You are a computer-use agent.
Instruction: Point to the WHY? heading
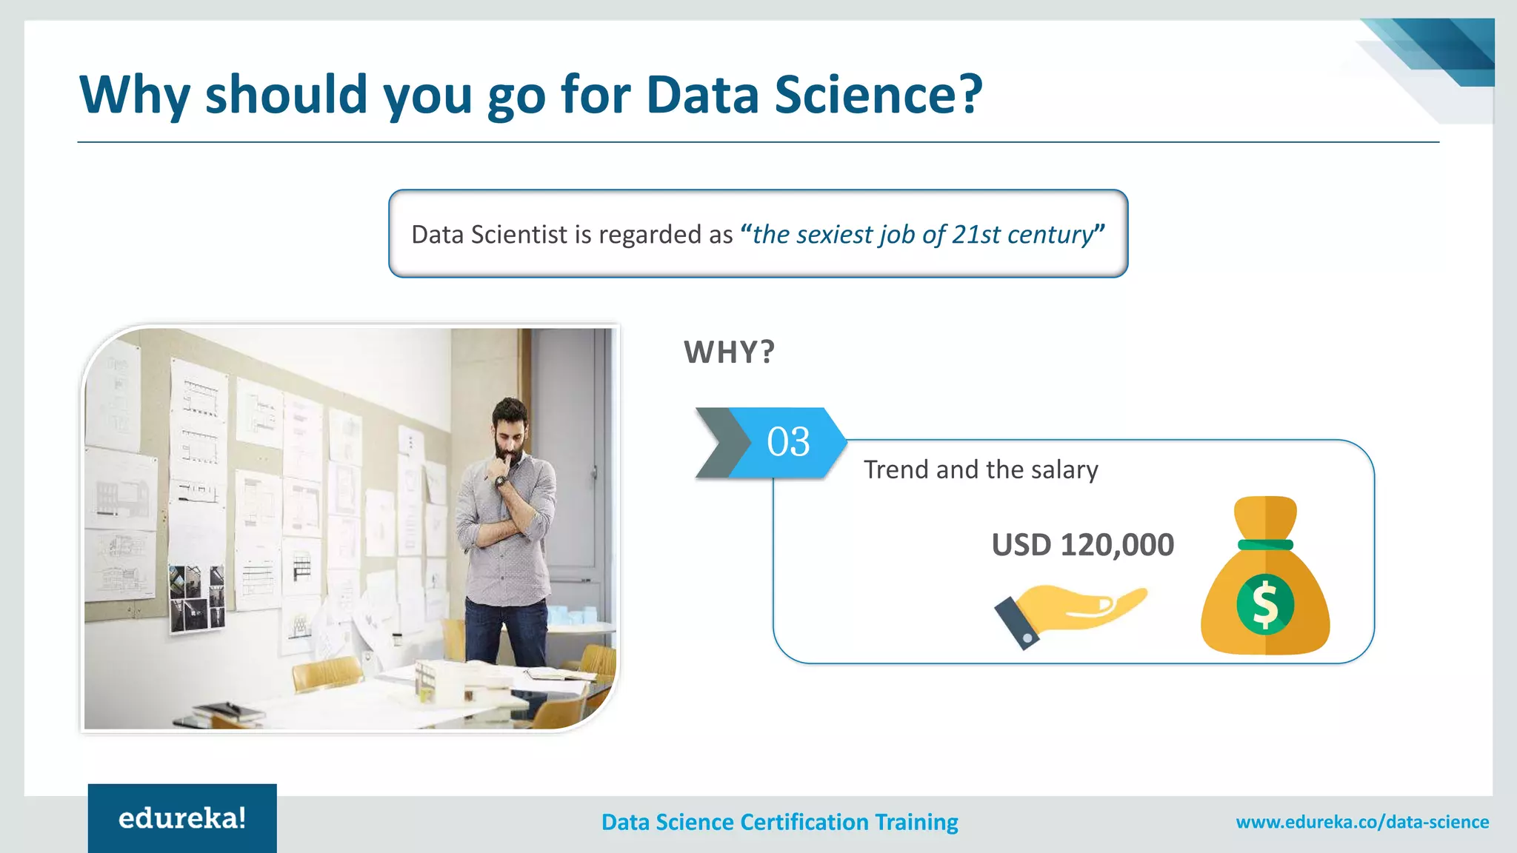729,352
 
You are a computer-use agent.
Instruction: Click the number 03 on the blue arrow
788,442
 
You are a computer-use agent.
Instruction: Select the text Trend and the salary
981,469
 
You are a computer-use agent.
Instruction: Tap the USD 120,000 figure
1082,545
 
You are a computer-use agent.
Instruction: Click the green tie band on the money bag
1265,545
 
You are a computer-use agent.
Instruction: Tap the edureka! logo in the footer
182,818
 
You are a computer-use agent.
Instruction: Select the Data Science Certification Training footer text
779,822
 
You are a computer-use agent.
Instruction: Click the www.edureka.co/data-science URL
1362,822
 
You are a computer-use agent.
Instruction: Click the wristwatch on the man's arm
501,482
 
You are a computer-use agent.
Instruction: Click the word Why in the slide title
134,95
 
